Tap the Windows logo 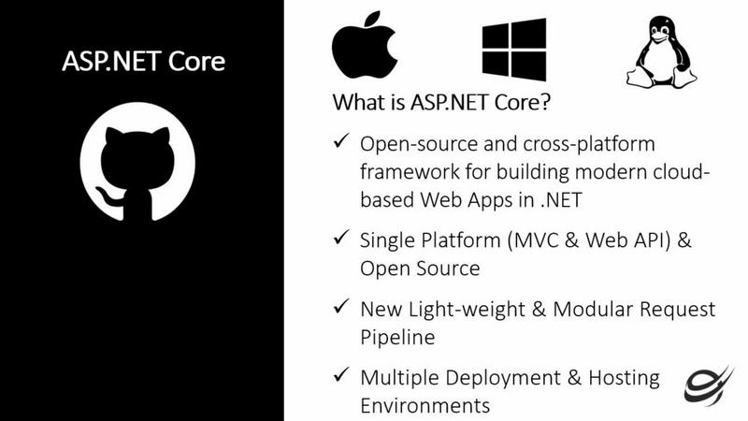point(514,50)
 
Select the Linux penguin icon point(662,52)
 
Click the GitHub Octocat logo point(137,161)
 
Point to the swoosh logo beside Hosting point(709,385)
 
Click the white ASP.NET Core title point(144,61)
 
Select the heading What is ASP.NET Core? point(441,102)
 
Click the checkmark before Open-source point(341,141)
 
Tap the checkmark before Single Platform point(341,237)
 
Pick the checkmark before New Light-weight point(341,306)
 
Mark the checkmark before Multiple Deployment point(341,375)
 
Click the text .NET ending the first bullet point(562,200)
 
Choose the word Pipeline point(397,338)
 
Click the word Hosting point(624,378)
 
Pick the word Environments point(425,406)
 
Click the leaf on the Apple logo point(373,19)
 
